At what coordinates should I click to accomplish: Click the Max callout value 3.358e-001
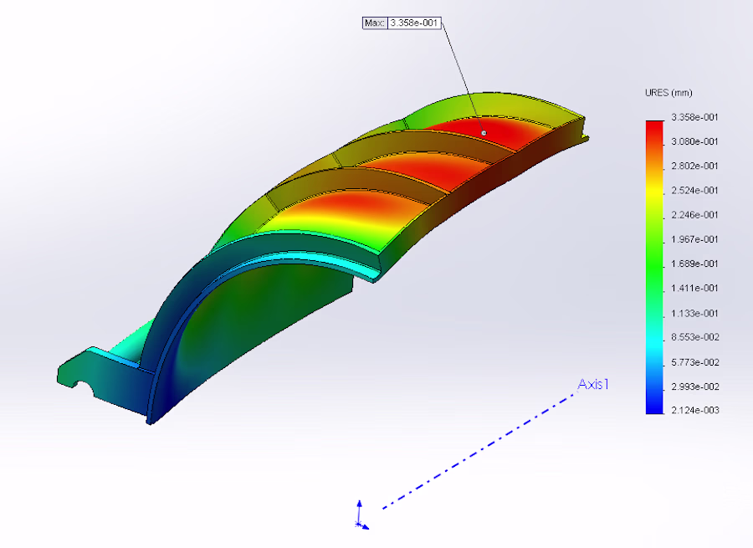point(414,23)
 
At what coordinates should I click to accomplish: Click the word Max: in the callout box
point(375,23)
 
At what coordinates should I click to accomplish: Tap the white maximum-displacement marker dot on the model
point(484,133)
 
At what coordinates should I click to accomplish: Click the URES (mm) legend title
point(668,93)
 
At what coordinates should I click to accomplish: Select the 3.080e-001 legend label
point(694,141)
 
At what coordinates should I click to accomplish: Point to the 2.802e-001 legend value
point(694,166)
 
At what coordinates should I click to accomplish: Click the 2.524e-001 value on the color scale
point(694,190)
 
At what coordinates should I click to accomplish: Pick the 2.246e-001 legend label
point(694,215)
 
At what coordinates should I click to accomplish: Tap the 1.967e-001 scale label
point(694,239)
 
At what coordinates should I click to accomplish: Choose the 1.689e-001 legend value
point(694,264)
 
